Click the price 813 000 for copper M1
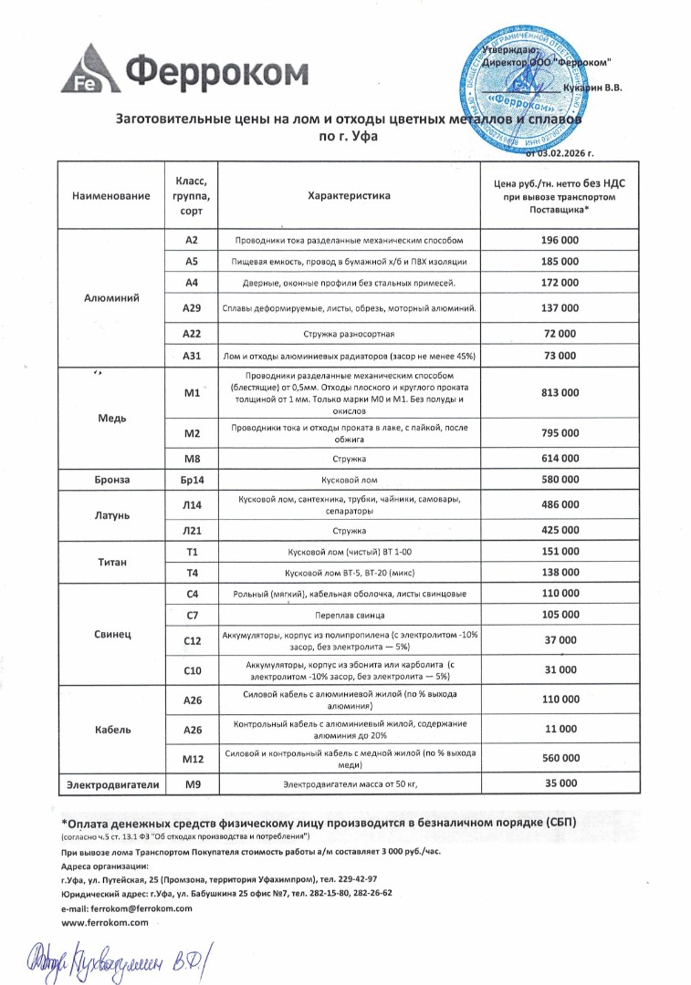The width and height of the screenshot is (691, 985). [560, 392]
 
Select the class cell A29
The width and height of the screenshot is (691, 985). [192, 308]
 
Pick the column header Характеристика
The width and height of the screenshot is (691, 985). [348, 196]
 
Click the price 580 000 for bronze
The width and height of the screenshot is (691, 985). [560, 479]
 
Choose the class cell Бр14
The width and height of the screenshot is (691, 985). [192, 479]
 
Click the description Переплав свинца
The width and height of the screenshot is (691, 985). [348, 616]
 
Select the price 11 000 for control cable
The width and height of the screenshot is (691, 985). [560, 729]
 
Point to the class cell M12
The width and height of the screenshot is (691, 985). [192, 758]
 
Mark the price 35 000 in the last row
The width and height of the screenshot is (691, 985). [560, 783]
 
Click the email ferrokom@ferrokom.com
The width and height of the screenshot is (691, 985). [127, 908]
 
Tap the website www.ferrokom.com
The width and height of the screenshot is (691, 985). [105, 922]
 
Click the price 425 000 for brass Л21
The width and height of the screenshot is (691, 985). [560, 530]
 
